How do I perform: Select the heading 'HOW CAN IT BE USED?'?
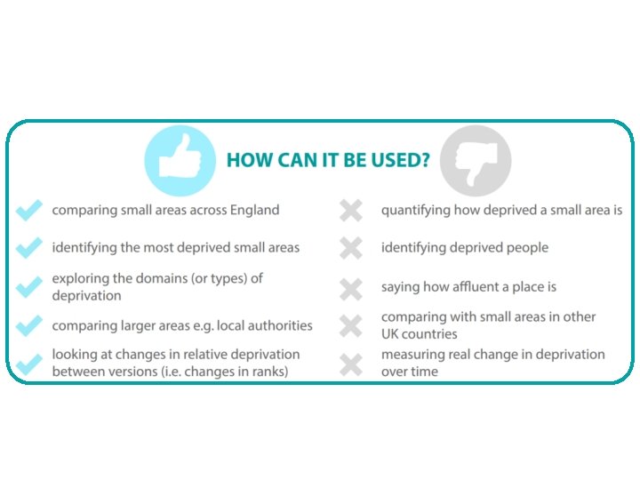click(328, 161)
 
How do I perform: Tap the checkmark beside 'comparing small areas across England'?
click(29, 211)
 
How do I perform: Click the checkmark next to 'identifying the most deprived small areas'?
click(29, 248)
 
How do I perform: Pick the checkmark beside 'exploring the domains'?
click(29, 287)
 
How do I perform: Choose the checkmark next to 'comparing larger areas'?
click(29, 326)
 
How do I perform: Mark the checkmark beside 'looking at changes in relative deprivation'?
click(29, 363)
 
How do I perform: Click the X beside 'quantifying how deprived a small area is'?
click(351, 211)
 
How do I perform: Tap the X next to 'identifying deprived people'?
click(351, 248)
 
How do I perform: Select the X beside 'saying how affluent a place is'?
click(351, 288)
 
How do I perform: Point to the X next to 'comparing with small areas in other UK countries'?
click(351, 326)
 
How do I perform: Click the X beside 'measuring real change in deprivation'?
click(351, 364)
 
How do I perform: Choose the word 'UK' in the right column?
click(391, 334)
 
